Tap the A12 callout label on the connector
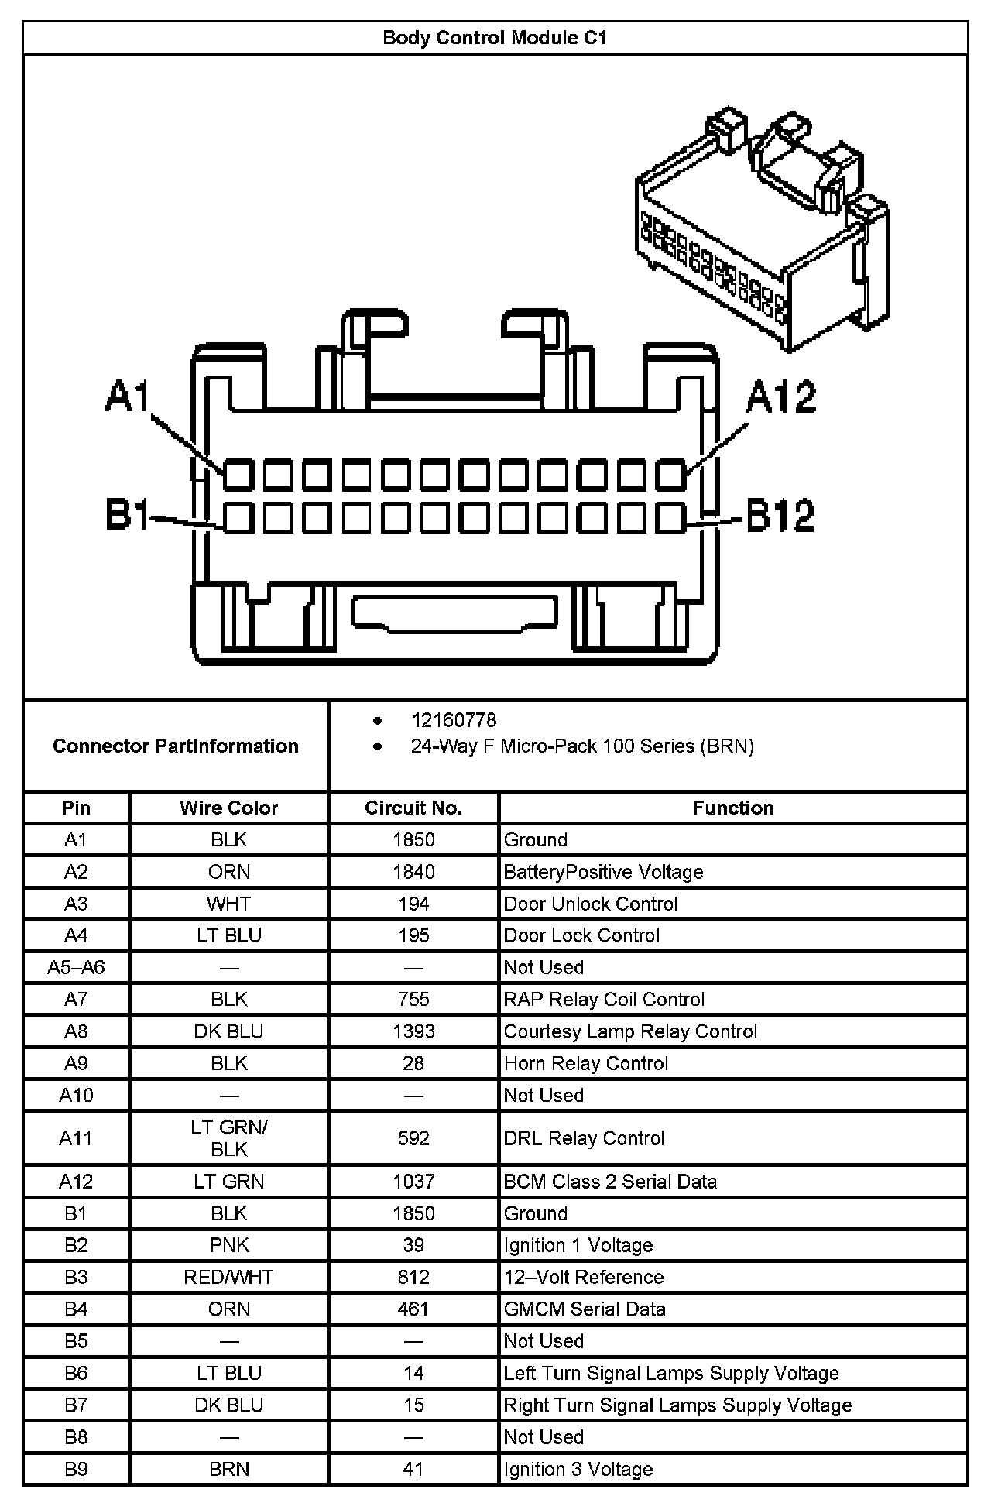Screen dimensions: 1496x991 tap(780, 398)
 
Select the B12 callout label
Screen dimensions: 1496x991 tap(780, 516)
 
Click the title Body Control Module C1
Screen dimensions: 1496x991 tap(495, 38)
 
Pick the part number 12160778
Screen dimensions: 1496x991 tap(454, 720)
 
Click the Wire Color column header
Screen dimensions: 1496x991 tap(228, 808)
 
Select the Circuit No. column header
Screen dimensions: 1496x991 tap(413, 808)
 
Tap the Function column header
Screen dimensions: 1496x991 tap(732, 808)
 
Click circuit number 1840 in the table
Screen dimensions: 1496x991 tap(413, 872)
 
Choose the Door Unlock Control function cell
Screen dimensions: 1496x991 tap(590, 904)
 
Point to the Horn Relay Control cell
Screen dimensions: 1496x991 tap(585, 1063)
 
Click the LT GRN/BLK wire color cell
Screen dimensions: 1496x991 tap(228, 1138)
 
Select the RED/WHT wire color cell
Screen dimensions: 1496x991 tap(228, 1277)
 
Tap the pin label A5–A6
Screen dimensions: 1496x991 tap(76, 967)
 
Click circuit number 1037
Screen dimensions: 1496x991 tap(413, 1182)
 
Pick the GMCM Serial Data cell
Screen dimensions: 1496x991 tap(585, 1309)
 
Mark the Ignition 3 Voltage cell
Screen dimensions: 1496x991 tap(578, 1469)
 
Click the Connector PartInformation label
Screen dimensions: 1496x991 tap(176, 746)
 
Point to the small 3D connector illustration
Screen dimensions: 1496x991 tap(762, 232)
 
